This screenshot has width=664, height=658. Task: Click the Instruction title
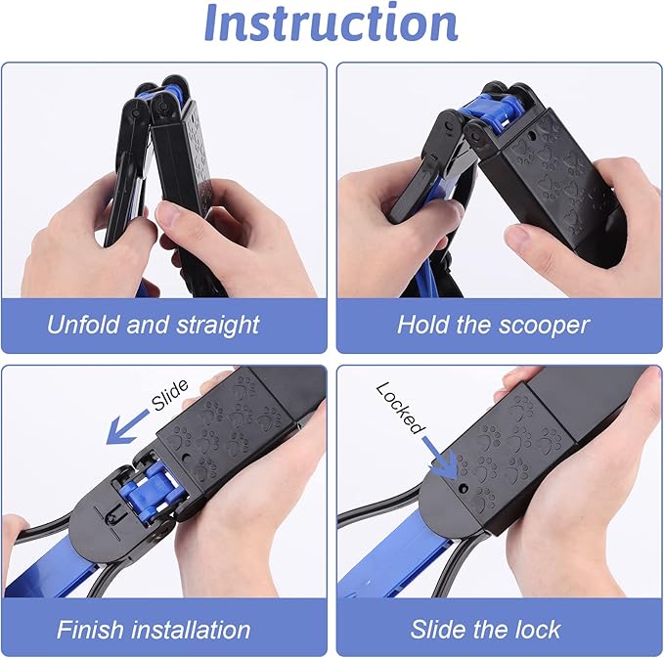coord(332,22)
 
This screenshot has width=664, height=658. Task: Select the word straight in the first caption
coord(218,326)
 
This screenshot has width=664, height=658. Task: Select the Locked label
coord(400,408)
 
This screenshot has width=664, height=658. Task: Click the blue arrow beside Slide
coord(127,427)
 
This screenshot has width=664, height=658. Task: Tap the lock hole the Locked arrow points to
coord(464,489)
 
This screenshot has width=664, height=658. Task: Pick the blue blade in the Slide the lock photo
coord(394,564)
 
